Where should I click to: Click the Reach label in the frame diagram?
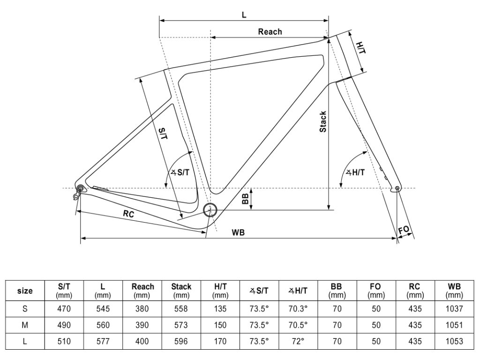[270, 31]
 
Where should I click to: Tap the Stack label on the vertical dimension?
[323, 121]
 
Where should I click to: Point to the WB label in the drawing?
[239, 232]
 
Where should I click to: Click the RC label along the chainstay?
[128, 214]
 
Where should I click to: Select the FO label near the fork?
[404, 230]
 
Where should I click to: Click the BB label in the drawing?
[245, 199]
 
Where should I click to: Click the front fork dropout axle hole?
[397, 188]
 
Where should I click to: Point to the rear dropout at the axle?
[80, 189]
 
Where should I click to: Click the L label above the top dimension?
[244, 15]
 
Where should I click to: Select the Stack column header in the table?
[181, 291]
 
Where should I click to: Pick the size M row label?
[25, 325]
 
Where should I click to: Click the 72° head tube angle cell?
[298, 341]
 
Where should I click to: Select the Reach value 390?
[142, 325]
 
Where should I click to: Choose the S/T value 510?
[64, 341]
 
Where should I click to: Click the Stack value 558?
[181, 309]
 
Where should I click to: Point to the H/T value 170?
[220, 341]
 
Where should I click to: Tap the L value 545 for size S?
[103, 309]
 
